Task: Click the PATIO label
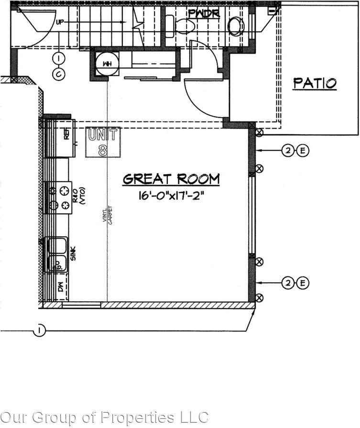click(315, 83)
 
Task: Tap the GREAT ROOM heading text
click(172, 179)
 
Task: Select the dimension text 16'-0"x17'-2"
click(172, 196)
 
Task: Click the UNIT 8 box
click(103, 142)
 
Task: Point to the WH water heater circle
click(105, 63)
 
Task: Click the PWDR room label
click(204, 13)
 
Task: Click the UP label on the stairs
click(60, 22)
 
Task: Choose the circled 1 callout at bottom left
click(40, 330)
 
